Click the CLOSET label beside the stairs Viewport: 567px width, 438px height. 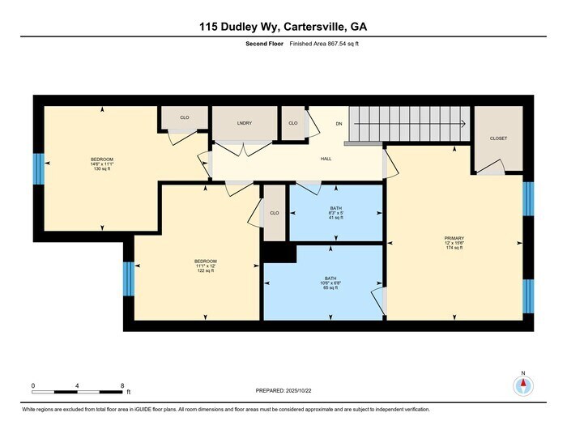pyautogui.click(x=498, y=138)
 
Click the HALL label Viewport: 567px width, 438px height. pyautogui.click(x=326, y=159)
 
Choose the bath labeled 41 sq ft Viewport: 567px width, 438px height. pyautogui.click(x=335, y=213)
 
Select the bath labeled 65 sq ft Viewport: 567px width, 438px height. pyautogui.click(x=331, y=283)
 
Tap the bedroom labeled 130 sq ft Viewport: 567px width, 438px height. pyautogui.click(x=101, y=164)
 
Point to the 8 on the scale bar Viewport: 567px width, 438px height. pyautogui.click(x=122, y=385)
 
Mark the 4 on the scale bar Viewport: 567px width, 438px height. pyautogui.click(x=78, y=385)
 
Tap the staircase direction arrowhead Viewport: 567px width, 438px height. pyautogui.click(x=463, y=124)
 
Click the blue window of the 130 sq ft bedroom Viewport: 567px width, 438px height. pyautogui.click(x=36, y=168)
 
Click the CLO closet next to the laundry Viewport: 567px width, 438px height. pyautogui.click(x=292, y=123)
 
